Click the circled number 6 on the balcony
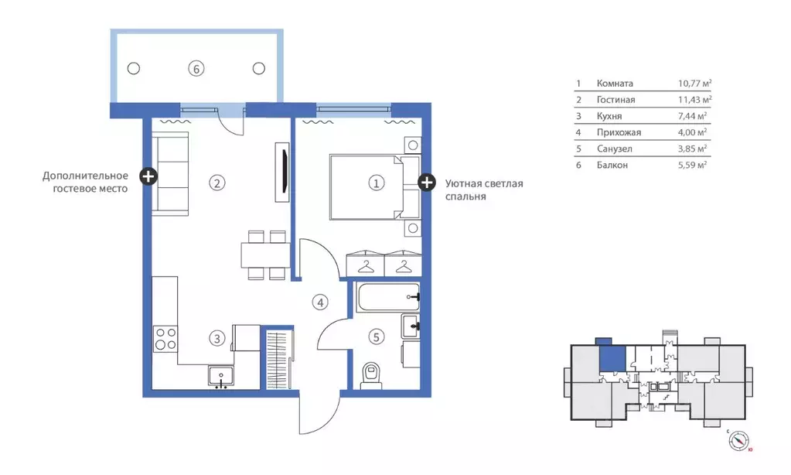[196, 68]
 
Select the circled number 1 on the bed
[375, 183]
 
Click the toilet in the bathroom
[372, 374]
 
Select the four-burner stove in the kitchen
[165, 338]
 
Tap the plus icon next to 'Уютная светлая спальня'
[426, 183]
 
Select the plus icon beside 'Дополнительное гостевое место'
[148, 176]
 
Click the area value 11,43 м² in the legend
[694, 100]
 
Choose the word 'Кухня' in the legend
[610, 116]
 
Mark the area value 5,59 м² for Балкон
[692, 165]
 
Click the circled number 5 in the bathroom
[376, 337]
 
